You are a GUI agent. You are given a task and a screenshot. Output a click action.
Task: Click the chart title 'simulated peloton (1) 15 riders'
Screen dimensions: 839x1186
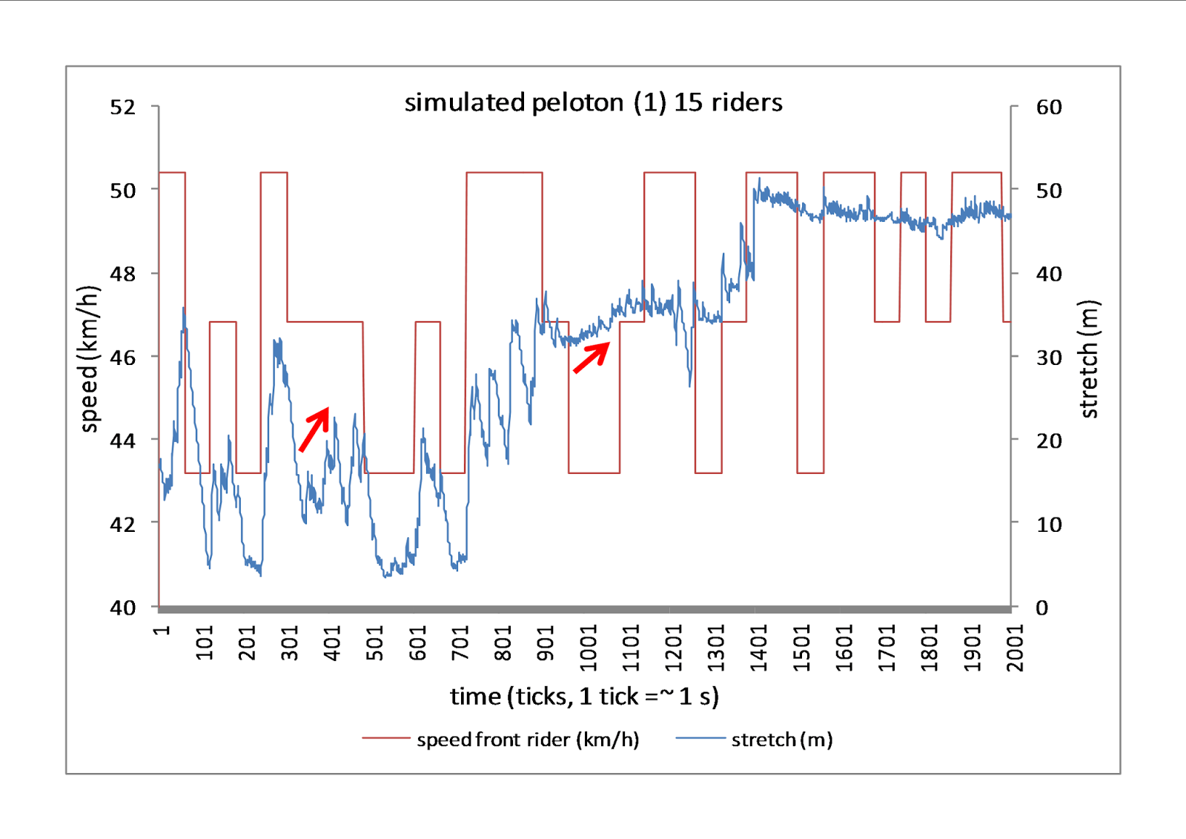593,102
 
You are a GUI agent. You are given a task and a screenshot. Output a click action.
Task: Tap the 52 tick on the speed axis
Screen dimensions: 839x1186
123,108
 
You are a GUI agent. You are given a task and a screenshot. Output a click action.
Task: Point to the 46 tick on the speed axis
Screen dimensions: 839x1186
123,358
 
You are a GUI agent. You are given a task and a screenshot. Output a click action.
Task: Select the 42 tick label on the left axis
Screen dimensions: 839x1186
123,524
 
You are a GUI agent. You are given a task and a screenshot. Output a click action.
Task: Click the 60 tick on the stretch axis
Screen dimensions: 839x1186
1049,108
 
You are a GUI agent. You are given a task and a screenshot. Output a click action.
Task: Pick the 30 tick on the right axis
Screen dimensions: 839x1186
1049,358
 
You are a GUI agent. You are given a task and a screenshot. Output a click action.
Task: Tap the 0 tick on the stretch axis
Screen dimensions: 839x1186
1042,608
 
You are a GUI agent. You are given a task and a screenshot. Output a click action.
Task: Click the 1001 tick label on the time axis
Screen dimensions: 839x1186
588,648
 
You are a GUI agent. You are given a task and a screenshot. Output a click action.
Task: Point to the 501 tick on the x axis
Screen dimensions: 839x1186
375,642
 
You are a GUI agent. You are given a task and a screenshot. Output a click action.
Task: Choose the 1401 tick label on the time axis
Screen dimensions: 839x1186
759,648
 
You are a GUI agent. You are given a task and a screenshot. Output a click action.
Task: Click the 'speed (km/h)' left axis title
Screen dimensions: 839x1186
89,358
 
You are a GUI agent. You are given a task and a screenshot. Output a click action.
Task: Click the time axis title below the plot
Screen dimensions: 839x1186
584,697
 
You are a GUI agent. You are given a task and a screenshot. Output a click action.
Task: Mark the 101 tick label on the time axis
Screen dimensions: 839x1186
205,642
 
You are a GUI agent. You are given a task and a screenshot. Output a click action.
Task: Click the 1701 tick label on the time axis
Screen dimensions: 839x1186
887,648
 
